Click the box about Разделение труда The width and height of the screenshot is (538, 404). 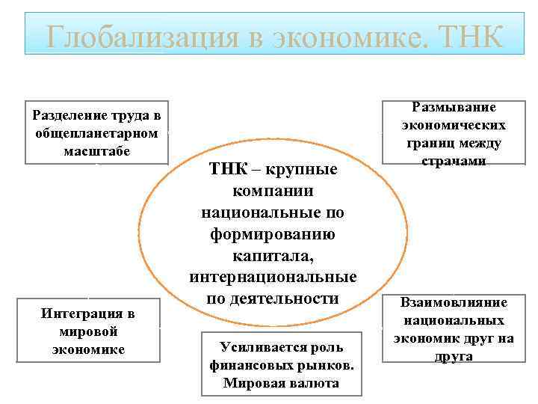point(96,132)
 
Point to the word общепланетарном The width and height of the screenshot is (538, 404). point(96,133)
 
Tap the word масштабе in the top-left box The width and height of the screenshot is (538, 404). point(96,150)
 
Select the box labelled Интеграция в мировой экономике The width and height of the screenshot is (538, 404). point(88,331)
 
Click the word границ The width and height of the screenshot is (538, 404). point(433,143)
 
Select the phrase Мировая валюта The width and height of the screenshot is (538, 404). point(281,383)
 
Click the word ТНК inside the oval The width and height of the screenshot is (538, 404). point(227,168)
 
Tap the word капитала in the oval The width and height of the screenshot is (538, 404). point(273,257)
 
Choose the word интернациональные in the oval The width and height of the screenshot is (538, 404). point(273,278)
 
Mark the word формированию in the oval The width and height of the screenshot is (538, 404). point(273,235)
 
